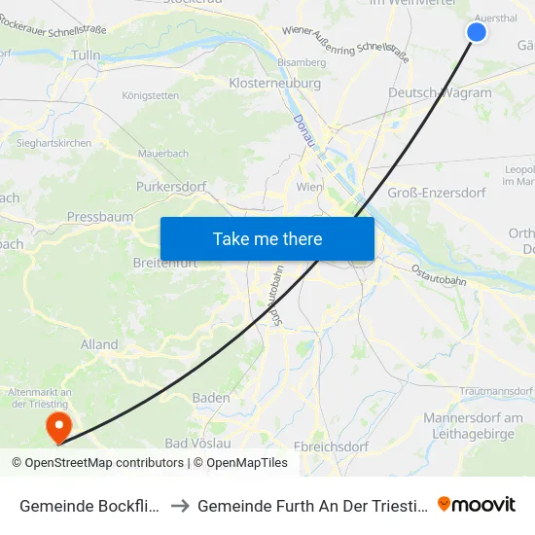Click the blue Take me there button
point(267,238)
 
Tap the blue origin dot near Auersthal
point(477,32)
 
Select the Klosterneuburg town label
point(274,84)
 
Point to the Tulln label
point(86,55)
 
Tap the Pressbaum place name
point(100,217)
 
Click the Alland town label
point(99,344)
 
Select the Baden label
point(211,398)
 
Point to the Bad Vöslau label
point(197,443)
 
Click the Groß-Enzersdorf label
point(437,193)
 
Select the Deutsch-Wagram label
point(440,92)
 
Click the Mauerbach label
point(162,153)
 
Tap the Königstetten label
point(151,95)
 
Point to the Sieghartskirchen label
point(54,143)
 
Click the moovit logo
point(477,504)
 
